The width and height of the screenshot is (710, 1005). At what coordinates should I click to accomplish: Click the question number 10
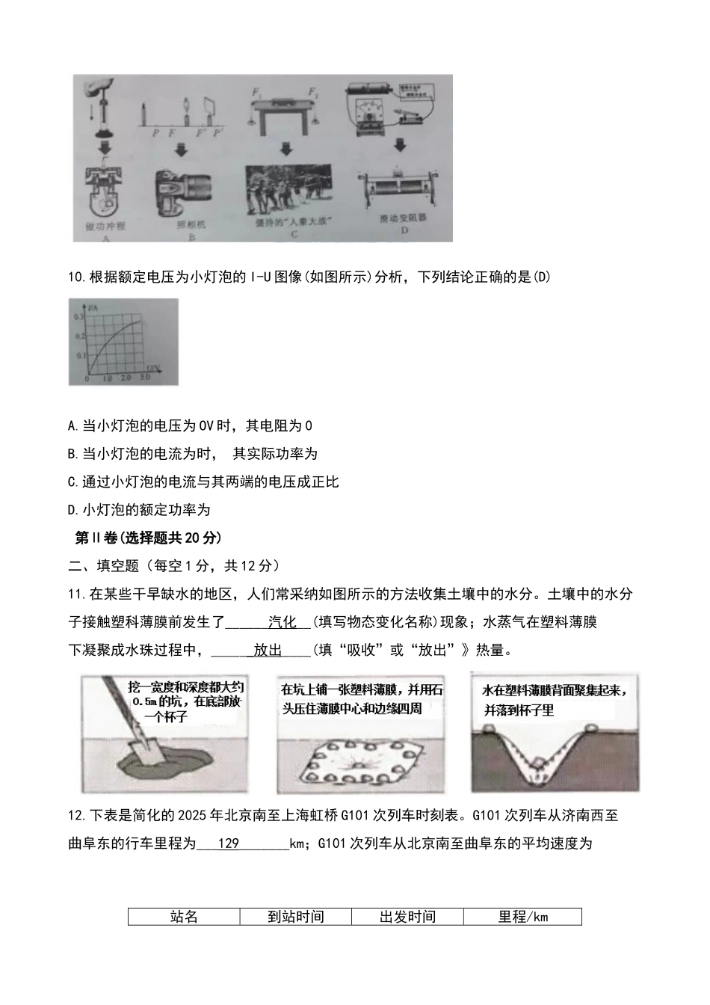point(76,277)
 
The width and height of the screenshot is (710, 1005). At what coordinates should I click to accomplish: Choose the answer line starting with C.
point(203,482)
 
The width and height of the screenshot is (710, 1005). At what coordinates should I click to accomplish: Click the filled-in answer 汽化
point(283,622)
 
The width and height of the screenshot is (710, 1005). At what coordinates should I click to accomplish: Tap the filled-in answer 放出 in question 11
point(268,651)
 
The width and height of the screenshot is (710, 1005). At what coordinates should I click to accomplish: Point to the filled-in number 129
point(228,843)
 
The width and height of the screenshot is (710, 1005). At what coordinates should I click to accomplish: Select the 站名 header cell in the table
point(184,917)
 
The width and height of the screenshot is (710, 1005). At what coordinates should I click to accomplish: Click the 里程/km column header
point(522,917)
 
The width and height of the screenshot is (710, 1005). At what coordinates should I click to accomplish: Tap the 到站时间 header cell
point(296,917)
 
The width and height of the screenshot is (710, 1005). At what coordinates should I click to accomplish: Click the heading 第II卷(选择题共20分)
point(149,538)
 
